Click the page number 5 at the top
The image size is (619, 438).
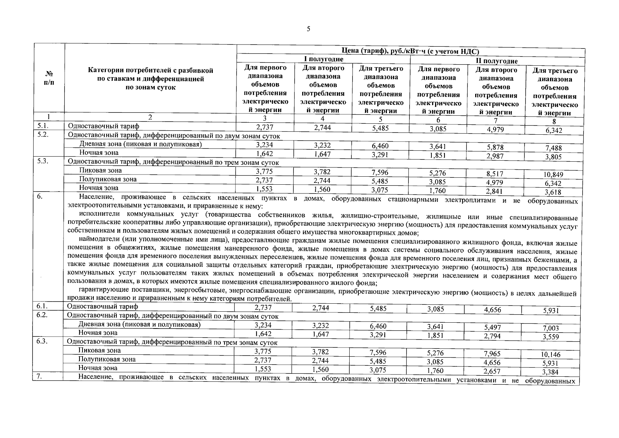click(309, 29)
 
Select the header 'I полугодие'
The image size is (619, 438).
click(323, 59)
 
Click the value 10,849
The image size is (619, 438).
click(554, 174)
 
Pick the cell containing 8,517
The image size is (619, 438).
click(495, 174)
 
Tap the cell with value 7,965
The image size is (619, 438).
click(492, 354)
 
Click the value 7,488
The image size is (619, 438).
click(554, 148)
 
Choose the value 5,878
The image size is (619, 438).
click(495, 147)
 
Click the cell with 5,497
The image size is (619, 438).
click(492, 327)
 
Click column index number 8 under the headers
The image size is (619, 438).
click(554, 122)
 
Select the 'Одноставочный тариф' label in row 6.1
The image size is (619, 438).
click(103, 307)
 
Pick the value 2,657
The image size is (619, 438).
click(492, 371)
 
